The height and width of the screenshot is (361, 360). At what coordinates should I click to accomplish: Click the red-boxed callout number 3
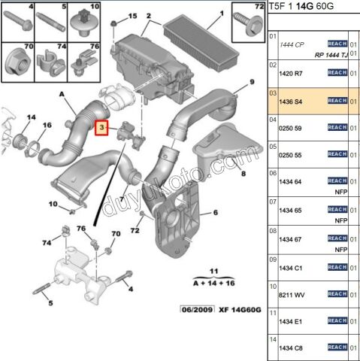coord(102,129)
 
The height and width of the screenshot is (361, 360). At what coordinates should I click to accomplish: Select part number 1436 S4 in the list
coord(291,101)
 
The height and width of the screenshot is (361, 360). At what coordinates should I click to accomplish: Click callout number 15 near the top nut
coord(133,16)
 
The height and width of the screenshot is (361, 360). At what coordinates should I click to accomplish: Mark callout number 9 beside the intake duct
coord(253,82)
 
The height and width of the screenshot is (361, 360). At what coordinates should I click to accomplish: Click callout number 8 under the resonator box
coord(243,173)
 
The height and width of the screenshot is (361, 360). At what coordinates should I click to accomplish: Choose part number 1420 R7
coord(291,73)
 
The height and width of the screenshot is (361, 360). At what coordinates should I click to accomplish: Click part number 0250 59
coord(290,129)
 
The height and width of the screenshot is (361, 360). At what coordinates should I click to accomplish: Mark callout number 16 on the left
coord(47,125)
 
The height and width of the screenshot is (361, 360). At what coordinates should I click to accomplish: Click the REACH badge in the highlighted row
coord(337,101)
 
